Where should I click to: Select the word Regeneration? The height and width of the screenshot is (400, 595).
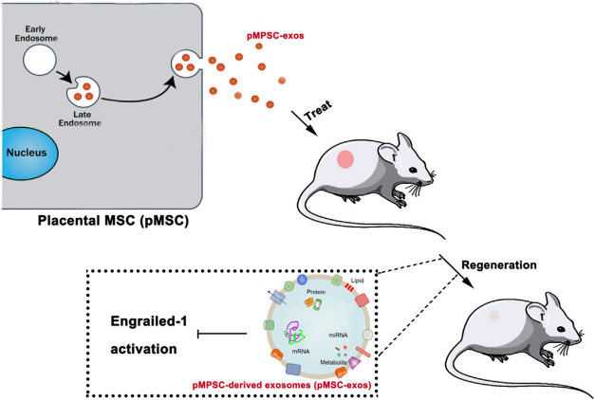point(498,264)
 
